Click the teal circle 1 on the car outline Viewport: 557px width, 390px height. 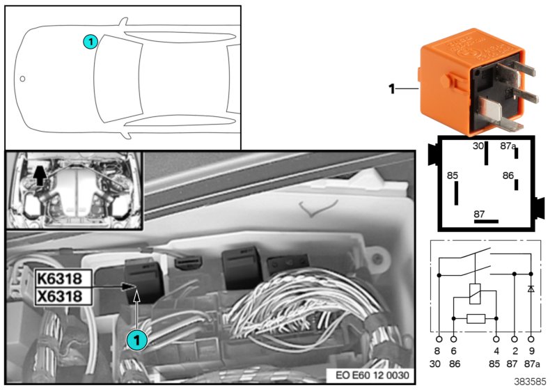(90, 42)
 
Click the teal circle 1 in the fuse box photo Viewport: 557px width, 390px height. (137, 339)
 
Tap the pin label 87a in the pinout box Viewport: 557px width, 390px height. (508, 146)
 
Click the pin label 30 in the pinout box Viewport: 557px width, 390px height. (478, 146)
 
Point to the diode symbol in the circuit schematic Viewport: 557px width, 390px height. (531, 288)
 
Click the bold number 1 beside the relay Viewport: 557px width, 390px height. (391, 88)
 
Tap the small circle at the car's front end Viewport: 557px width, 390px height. (23, 79)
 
